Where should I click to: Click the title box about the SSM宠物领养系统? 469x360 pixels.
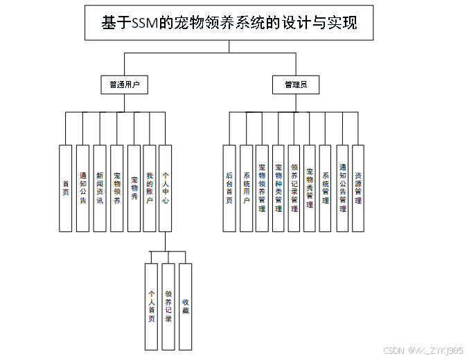(x=229, y=22)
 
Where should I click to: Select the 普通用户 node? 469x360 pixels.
(x=125, y=85)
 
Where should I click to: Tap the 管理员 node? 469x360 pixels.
(x=296, y=85)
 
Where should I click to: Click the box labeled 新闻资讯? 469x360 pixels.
(x=100, y=188)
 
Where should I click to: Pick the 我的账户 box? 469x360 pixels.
(x=149, y=188)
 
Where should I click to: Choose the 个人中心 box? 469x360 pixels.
(x=166, y=188)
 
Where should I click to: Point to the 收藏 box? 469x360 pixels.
(x=185, y=306)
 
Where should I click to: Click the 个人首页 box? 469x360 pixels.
(x=151, y=306)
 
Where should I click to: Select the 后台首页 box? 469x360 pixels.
(x=229, y=188)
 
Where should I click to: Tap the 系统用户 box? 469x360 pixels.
(x=246, y=188)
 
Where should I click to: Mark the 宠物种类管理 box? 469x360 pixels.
(x=278, y=188)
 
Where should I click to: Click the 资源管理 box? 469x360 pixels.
(x=358, y=188)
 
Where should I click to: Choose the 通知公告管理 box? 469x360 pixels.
(x=342, y=188)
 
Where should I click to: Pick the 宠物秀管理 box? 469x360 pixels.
(x=310, y=188)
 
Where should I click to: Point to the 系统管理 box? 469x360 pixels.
(x=326, y=188)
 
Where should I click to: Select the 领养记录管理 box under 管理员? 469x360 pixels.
(x=294, y=188)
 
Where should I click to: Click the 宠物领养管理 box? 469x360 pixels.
(x=262, y=188)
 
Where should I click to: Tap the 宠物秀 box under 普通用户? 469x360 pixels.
(x=134, y=188)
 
